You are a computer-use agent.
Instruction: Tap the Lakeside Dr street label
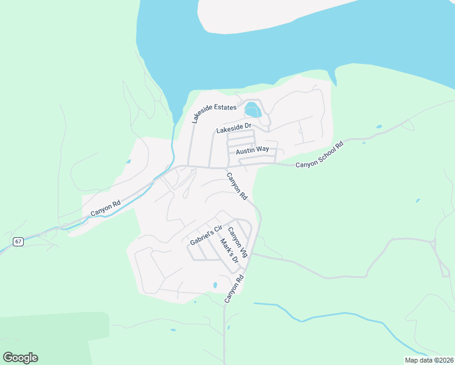coord(234,129)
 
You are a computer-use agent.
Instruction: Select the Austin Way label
coord(252,150)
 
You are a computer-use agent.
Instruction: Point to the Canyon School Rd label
coord(320,155)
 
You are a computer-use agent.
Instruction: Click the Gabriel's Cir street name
coord(207,234)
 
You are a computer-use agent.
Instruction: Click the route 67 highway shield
coord(18,242)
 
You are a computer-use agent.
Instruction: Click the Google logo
coord(20,358)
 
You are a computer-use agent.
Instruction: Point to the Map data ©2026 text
coord(429,360)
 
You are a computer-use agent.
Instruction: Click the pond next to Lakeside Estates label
coord(252,111)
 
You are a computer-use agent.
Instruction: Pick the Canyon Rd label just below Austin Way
coord(237,187)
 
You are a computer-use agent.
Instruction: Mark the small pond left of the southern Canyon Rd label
coord(215,285)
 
